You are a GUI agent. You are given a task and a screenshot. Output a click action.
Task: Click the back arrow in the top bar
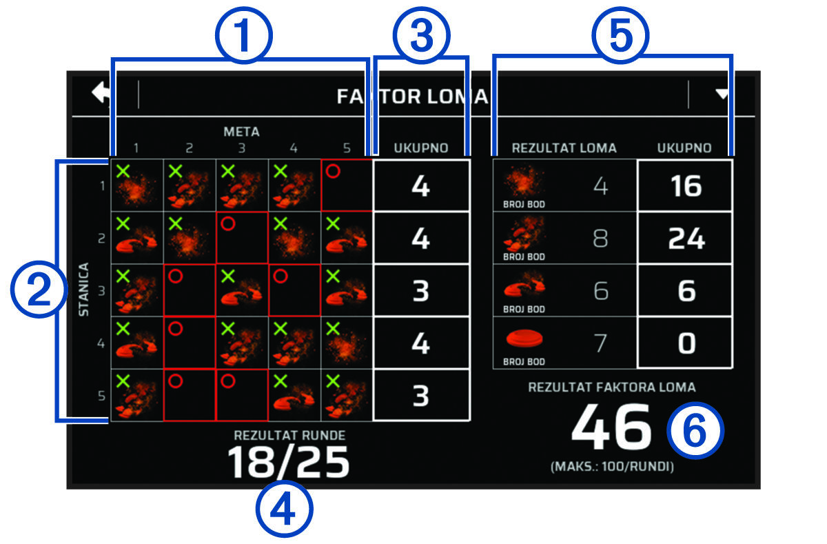(x=101, y=92)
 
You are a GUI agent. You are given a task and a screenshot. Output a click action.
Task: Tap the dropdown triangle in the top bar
(x=722, y=94)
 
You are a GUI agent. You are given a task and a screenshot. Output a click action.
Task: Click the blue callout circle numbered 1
(x=244, y=36)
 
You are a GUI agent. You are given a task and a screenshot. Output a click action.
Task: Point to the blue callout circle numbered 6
(x=695, y=431)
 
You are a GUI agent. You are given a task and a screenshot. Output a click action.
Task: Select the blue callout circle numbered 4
(x=284, y=510)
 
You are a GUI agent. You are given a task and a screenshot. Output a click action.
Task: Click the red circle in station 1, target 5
(x=333, y=172)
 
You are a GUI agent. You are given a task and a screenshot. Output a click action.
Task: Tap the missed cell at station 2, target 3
(x=242, y=238)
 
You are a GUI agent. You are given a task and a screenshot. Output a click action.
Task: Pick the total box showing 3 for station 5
(x=421, y=395)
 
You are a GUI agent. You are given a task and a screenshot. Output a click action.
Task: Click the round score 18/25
(x=288, y=463)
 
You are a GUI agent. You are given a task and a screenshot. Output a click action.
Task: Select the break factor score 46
(x=611, y=427)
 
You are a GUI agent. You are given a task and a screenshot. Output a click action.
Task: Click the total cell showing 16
(x=685, y=185)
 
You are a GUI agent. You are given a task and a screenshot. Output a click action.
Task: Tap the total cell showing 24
(x=685, y=238)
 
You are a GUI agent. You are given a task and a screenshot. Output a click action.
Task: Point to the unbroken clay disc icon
(x=524, y=338)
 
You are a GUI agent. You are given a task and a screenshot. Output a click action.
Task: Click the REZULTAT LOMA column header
(x=564, y=148)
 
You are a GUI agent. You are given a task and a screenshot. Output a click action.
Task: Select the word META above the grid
(x=241, y=132)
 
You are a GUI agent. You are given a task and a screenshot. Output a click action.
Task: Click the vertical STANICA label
(x=84, y=290)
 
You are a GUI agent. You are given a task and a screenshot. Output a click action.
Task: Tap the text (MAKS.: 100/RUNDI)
(x=612, y=467)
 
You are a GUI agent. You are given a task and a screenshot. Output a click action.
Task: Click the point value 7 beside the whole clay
(x=600, y=343)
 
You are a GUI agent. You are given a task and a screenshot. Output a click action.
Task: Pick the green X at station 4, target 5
(x=333, y=329)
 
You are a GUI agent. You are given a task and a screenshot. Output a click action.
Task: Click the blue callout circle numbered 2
(x=39, y=290)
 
